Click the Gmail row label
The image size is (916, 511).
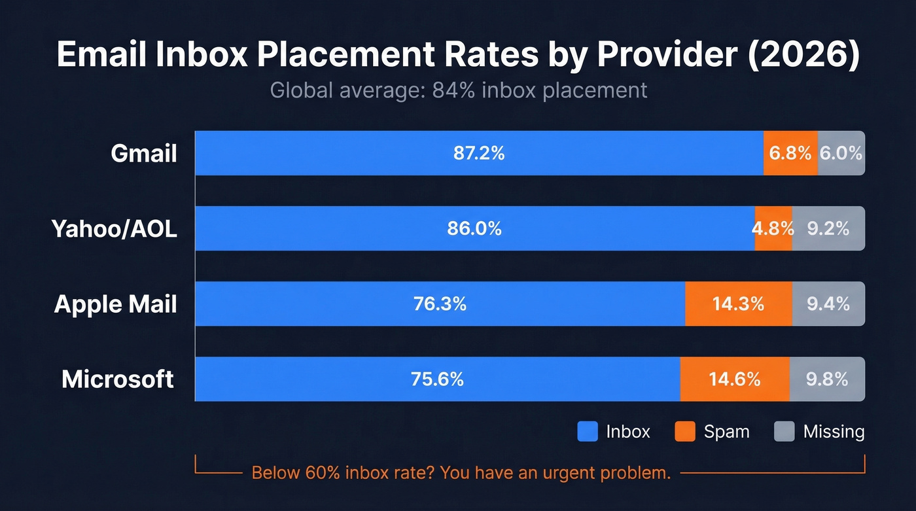144,153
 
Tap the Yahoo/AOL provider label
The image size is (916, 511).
114,229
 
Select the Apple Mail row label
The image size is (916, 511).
116,304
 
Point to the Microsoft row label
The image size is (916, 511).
118,379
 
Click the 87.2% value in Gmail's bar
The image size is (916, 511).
479,153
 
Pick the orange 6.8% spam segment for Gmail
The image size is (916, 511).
790,153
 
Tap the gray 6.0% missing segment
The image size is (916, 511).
841,153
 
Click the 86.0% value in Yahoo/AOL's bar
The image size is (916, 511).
475,229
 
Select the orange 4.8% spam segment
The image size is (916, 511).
773,229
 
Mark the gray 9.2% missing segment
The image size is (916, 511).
828,229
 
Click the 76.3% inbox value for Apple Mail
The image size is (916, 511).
440,304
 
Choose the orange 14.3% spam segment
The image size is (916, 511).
738,304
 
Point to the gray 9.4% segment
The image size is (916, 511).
828,304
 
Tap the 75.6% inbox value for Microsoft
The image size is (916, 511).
437,379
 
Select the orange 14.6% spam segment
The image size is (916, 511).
735,379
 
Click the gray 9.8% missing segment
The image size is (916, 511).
827,379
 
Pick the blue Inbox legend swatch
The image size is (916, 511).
588,432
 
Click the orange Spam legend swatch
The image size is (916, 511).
684,432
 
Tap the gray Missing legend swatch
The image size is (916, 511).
784,432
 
